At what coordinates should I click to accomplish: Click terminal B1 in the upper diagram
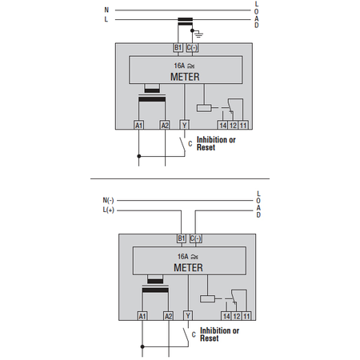tap(178, 48)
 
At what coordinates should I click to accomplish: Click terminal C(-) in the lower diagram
tap(195, 238)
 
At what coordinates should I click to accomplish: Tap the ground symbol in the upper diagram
tap(198, 34)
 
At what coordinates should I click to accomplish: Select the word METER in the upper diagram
tap(185, 77)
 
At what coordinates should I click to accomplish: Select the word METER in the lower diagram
tap(188, 267)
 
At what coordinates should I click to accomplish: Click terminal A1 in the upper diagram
tap(138, 125)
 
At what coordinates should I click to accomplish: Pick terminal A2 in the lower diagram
tap(168, 316)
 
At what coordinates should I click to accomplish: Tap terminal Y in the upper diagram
tap(185, 125)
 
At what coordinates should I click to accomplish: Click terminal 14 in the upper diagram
tap(223, 126)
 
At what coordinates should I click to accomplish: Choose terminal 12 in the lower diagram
tap(237, 316)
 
